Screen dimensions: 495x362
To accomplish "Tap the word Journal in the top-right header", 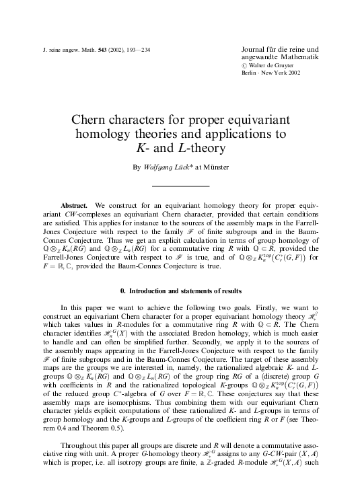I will (x=255, y=50).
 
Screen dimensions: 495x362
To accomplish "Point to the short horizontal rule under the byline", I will (x=180, y=186).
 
